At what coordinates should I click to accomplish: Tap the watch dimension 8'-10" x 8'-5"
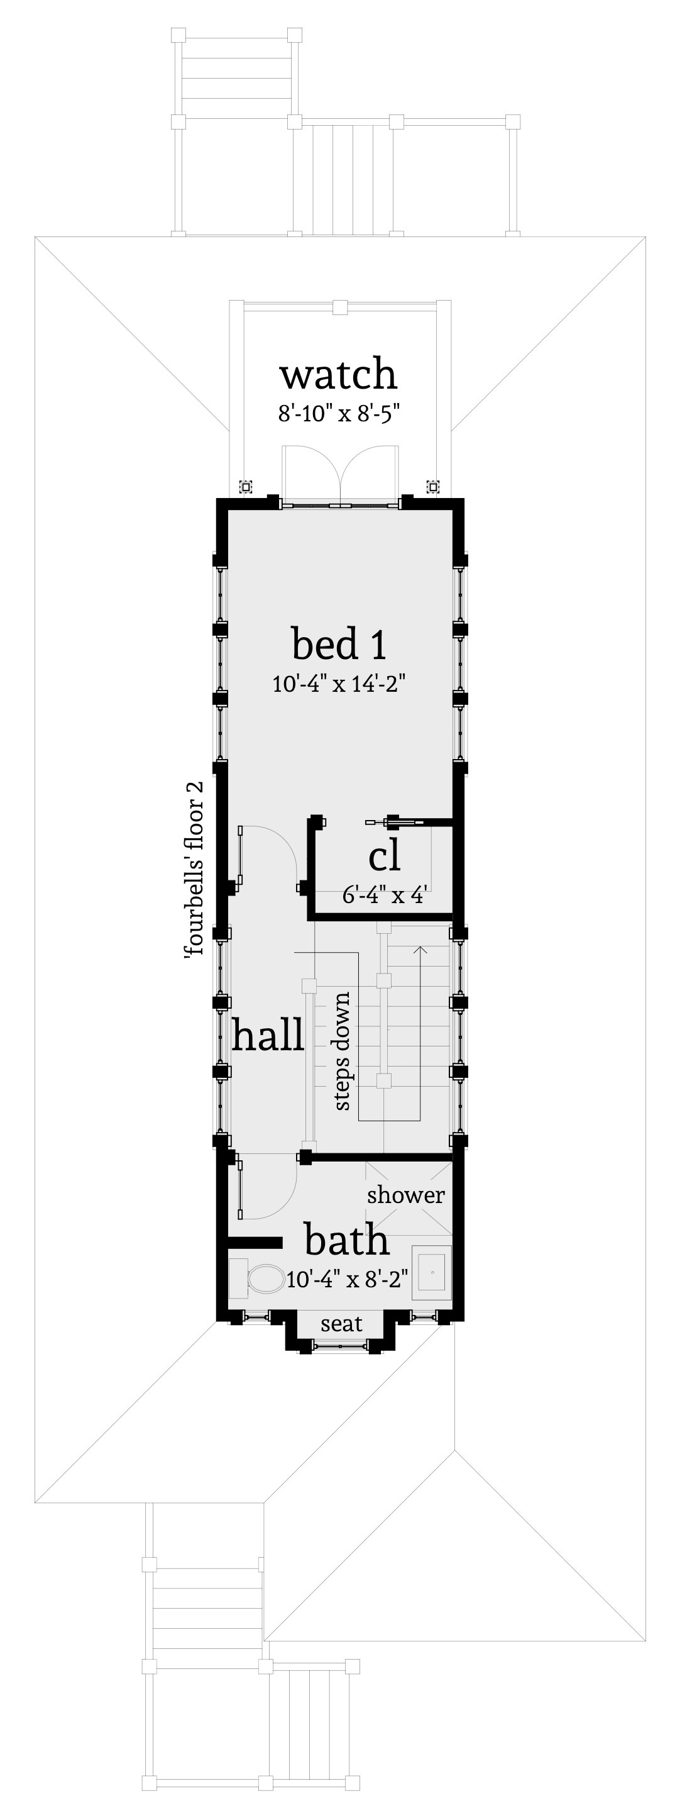pyautogui.click(x=338, y=413)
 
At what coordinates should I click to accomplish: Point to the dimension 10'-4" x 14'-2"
pyautogui.click(x=338, y=683)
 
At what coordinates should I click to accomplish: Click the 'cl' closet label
pyautogui.click(x=384, y=857)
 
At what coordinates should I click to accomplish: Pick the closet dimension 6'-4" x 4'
pyautogui.click(x=385, y=895)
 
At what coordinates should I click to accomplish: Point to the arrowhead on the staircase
pyautogui.click(x=420, y=950)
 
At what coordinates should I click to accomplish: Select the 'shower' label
pyautogui.click(x=405, y=1195)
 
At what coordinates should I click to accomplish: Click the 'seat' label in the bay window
pyautogui.click(x=341, y=1324)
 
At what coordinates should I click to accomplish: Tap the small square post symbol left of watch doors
pyautogui.click(x=246, y=486)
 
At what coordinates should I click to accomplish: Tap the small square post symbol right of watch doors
pyautogui.click(x=433, y=486)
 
